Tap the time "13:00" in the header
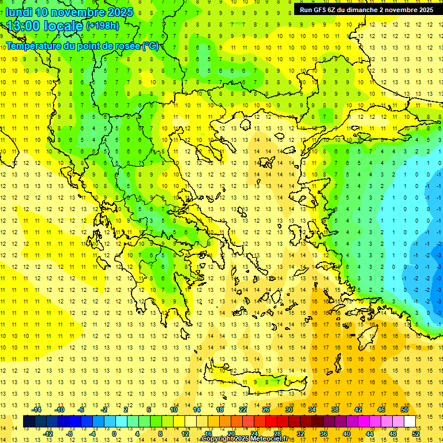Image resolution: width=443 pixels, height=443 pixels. pos(24,26)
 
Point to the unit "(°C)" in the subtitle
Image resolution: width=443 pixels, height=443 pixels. pos(151,46)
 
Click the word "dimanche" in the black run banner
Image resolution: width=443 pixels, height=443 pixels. pos(361,10)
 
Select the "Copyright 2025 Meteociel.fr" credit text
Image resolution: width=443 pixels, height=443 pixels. pos(245,439)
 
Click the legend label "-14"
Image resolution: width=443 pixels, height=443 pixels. pos(37,410)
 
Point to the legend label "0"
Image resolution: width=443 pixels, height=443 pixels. pos(114,434)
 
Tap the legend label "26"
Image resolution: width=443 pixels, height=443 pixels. pos(266,410)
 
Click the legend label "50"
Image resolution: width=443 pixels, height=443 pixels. pos(404,410)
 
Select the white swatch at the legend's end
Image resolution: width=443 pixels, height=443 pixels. pos(410,422)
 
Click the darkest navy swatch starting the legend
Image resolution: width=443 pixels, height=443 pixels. pos(29,422)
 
